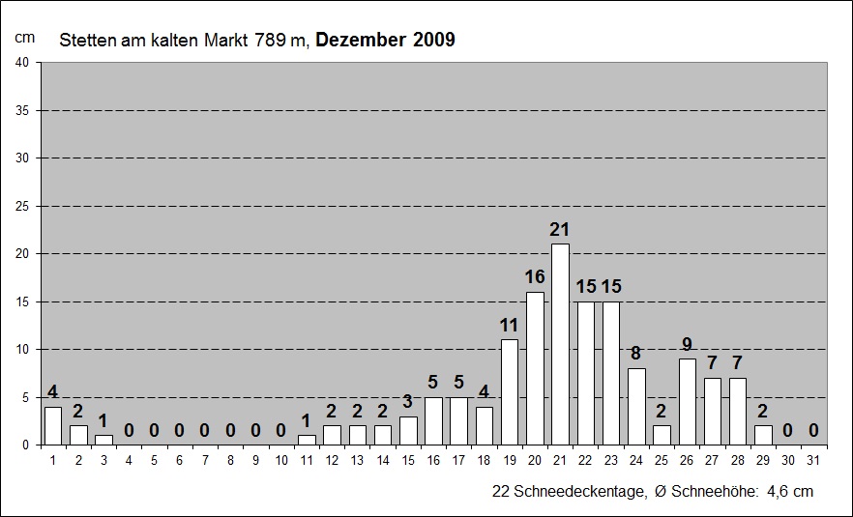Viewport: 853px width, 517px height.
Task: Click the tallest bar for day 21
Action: (560, 344)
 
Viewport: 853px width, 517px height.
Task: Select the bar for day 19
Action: (510, 391)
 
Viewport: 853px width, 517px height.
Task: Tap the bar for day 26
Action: (687, 401)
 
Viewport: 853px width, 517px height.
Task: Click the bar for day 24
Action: (636, 406)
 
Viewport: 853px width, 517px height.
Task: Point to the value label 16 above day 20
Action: (535, 276)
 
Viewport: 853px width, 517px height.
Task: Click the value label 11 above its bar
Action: (510, 325)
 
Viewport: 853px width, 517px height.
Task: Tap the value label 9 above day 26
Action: (687, 344)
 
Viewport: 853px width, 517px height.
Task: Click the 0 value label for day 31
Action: (813, 430)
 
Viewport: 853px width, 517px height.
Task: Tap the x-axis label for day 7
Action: (204, 461)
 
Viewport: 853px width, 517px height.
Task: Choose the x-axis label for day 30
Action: (788, 461)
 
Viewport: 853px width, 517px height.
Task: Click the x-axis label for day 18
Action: (484, 461)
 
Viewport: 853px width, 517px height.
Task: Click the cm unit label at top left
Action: (24, 37)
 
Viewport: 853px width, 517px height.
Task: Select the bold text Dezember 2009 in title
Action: (385, 40)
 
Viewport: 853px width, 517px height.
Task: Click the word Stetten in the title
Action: (85, 41)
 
